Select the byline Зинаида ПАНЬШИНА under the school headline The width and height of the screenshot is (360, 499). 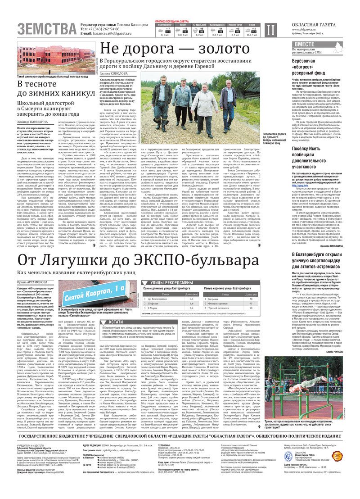point(33,122)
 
